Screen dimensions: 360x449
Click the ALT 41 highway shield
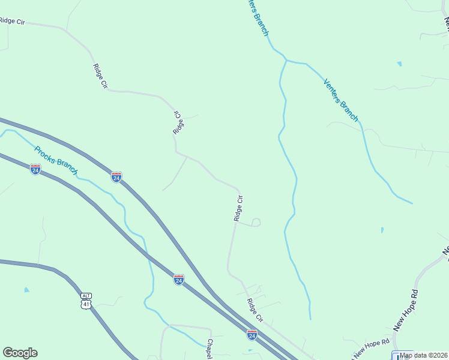(x=87, y=301)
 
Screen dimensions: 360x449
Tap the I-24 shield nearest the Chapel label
(x=252, y=334)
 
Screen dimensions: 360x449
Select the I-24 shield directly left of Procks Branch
(x=35, y=169)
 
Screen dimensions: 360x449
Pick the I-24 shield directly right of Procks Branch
(x=116, y=176)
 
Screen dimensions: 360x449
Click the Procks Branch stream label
(x=56, y=161)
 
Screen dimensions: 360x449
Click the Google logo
(x=20, y=353)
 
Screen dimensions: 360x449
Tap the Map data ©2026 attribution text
(x=424, y=355)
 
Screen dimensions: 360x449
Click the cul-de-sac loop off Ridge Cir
(x=256, y=223)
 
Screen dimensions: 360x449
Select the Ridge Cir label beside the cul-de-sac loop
(x=238, y=208)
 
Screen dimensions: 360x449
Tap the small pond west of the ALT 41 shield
(x=26, y=290)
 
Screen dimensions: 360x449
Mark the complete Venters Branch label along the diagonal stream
(x=340, y=100)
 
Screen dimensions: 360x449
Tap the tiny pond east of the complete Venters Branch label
(x=399, y=64)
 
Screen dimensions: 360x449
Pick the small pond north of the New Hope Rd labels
(x=382, y=229)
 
